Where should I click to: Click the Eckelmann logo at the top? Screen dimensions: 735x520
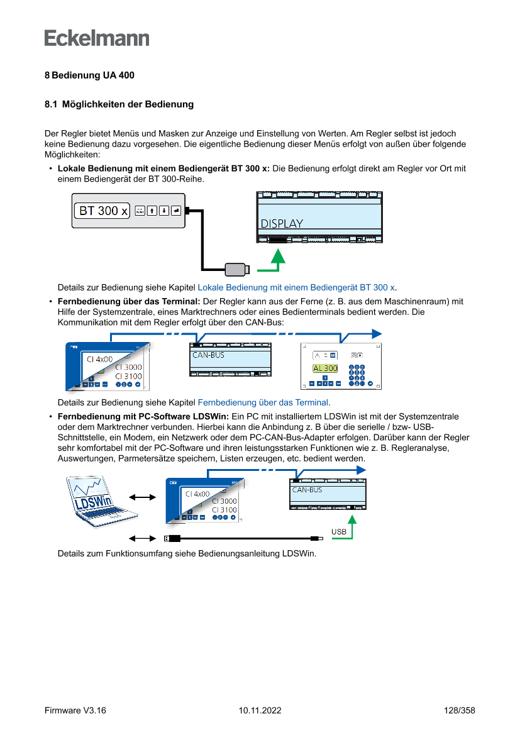pyautogui.click(x=97, y=38)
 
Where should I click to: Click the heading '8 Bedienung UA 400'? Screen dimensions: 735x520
pyautogui.click(x=89, y=75)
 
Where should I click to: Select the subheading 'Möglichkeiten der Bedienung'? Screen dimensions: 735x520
pyautogui.click(x=128, y=104)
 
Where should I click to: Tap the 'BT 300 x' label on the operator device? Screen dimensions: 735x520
pyautogui.click(x=102, y=211)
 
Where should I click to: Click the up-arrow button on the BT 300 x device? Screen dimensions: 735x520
pyautogui.click(x=152, y=211)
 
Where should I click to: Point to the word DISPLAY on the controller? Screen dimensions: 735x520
pyautogui.click(x=282, y=223)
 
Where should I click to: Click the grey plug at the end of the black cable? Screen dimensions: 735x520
pyautogui.click(x=236, y=269)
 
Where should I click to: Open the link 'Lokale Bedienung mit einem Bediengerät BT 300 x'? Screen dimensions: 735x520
pyautogui.click(x=297, y=287)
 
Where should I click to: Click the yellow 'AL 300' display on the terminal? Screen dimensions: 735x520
pyautogui.click(x=325, y=368)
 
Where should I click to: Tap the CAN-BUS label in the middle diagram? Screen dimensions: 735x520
pyautogui.click(x=208, y=355)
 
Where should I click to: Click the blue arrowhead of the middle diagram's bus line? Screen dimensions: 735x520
pyautogui.click(x=376, y=333)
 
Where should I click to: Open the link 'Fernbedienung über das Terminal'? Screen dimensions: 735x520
pyautogui.click(x=263, y=402)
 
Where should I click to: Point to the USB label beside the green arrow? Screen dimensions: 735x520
pyautogui.click(x=339, y=532)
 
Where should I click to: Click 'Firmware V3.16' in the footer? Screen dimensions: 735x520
pyautogui.click(x=75, y=710)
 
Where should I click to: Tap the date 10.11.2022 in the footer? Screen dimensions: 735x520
pyautogui.click(x=260, y=710)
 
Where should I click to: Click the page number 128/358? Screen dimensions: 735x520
pyautogui.click(x=458, y=710)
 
